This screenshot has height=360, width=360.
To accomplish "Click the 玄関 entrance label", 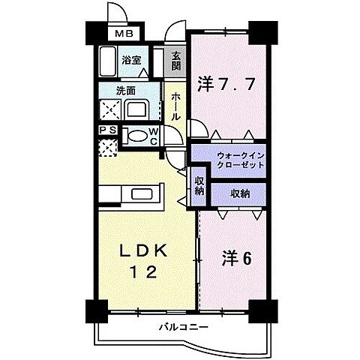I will [x=175, y=61].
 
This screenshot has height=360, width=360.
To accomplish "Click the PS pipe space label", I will [x=108, y=130].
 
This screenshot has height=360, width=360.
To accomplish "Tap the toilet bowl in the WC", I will [x=136, y=136].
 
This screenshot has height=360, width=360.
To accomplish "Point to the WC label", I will [x=153, y=136].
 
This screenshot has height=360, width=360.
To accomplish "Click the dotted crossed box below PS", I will [x=108, y=147].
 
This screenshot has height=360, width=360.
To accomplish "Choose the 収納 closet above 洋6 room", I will [x=240, y=193].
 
